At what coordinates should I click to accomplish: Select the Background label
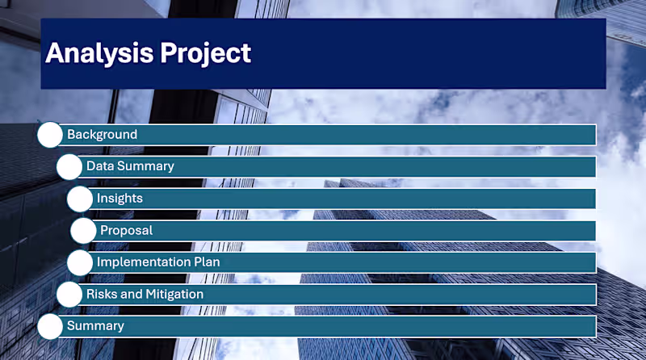[102, 135]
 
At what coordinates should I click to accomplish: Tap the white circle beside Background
[50, 135]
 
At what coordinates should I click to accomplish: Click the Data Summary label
[130, 166]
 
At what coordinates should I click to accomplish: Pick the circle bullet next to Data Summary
[69, 167]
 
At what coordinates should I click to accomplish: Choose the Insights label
[120, 198]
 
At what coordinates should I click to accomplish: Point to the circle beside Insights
[80, 199]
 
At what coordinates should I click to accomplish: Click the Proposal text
[126, 230]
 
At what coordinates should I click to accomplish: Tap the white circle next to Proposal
[83, 231]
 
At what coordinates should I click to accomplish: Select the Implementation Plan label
[158, 262]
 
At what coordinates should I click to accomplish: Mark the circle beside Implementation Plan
[80, 262]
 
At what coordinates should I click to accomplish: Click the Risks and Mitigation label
[145, 294]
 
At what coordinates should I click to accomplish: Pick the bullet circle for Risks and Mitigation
[69, 295]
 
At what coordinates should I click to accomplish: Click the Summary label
[95, 326]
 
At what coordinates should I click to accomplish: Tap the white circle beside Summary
[50, 326]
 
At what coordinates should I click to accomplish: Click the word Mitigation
[174, 294]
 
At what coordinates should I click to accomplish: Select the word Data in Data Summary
[100, 166]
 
